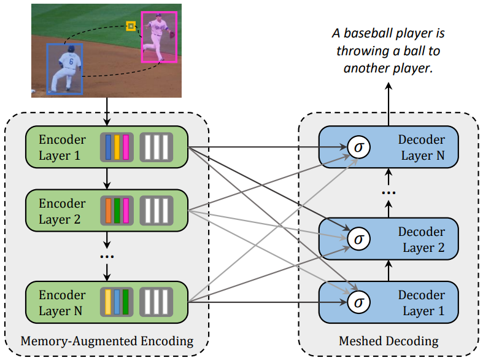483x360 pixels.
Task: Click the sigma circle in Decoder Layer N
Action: click(358, 147)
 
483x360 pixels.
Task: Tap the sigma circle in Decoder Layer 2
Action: click(358, 239)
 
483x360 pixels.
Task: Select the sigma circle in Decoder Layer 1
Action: click(358, 302)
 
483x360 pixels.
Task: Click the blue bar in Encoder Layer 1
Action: click(108, 147)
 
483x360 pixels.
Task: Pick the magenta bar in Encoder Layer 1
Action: click(126, 147)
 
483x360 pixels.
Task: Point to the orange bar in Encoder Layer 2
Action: click(108, 211)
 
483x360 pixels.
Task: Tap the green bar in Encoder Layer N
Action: click(125, 302)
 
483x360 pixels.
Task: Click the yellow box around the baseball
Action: click(131, 26)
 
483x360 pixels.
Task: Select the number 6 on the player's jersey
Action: click(71, 61)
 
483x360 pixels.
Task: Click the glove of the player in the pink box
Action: click(172, 34)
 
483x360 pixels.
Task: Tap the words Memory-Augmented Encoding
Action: click(107, 341)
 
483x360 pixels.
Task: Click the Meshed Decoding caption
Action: click(388, 341)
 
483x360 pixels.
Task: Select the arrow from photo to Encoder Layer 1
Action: click(107, 112)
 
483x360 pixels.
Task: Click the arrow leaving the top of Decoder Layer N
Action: click(388, 104)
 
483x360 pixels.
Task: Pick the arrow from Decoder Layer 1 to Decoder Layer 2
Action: click(388, 271)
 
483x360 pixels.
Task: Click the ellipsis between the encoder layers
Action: click(107, 256)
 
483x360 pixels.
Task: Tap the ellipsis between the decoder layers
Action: click(388, 193)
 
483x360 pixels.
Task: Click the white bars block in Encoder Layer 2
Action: click(156, 211)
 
